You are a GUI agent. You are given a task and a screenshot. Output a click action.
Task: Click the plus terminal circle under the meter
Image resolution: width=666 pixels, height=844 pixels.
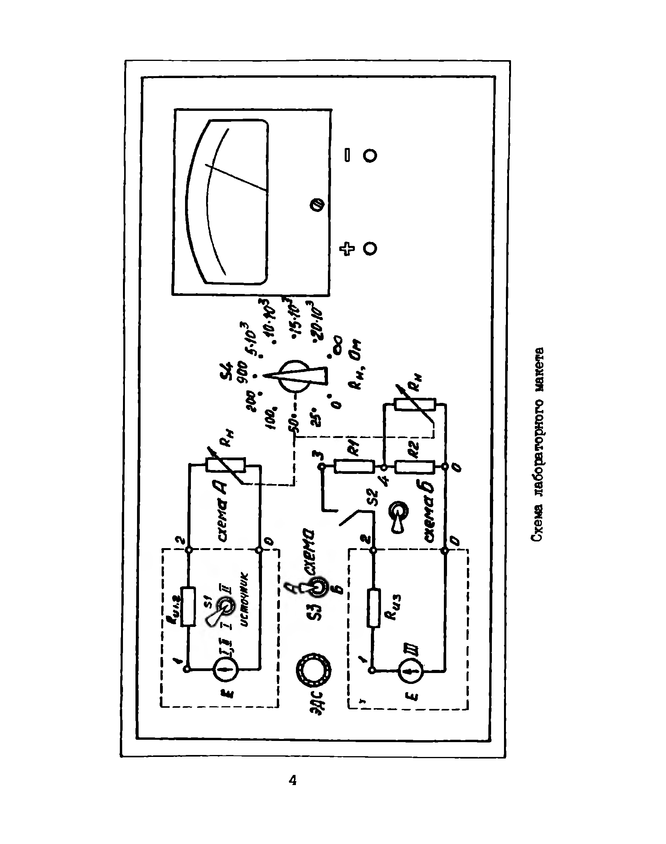[370, 248]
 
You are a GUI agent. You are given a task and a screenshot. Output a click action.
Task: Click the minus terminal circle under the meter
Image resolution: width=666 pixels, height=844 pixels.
[370, 155]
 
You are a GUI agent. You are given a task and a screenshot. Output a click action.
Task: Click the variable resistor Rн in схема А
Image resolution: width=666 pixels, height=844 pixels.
[226, 466]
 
